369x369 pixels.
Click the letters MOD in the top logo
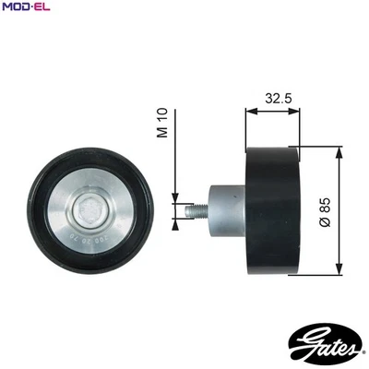[15, 8]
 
